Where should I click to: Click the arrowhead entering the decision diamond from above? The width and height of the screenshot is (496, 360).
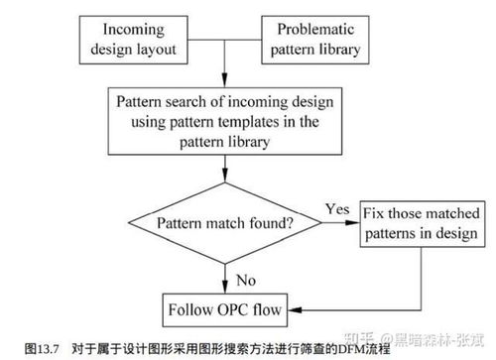(x=227, y=184)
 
